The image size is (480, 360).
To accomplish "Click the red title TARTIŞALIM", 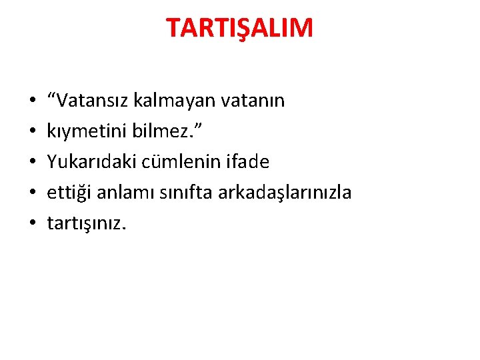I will tap(239, 28).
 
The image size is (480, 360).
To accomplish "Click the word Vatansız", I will tap(94, 101).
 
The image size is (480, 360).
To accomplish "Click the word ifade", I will tap(247, 162).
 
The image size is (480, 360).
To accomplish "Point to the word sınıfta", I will tap(178, 193).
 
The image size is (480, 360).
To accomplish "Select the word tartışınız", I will tap(86, 223).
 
